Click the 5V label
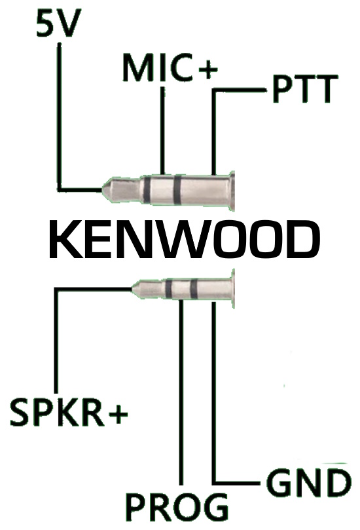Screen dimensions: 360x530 (x=58, y=24)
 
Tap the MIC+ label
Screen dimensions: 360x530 (x=170, y=67)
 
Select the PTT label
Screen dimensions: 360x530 (x=305, y=89)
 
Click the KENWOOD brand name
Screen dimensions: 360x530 (x=185, y=239)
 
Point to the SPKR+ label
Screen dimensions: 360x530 (x=69, y=411)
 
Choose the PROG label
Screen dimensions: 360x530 (x=177, y=507)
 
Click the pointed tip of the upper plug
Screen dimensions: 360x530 (x=102, y=190)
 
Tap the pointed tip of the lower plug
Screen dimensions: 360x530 (x=132, y=290)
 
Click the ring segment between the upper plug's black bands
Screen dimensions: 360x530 (x=162, y=189)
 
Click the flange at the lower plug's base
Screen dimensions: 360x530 (x=232, y=289)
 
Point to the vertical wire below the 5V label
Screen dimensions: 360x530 (x=60, y=117)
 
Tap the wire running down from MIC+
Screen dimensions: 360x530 (x=162, y=130)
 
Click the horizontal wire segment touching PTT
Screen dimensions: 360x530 (x=240, y=90)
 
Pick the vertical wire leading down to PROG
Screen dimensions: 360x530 (x=181, y=392)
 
